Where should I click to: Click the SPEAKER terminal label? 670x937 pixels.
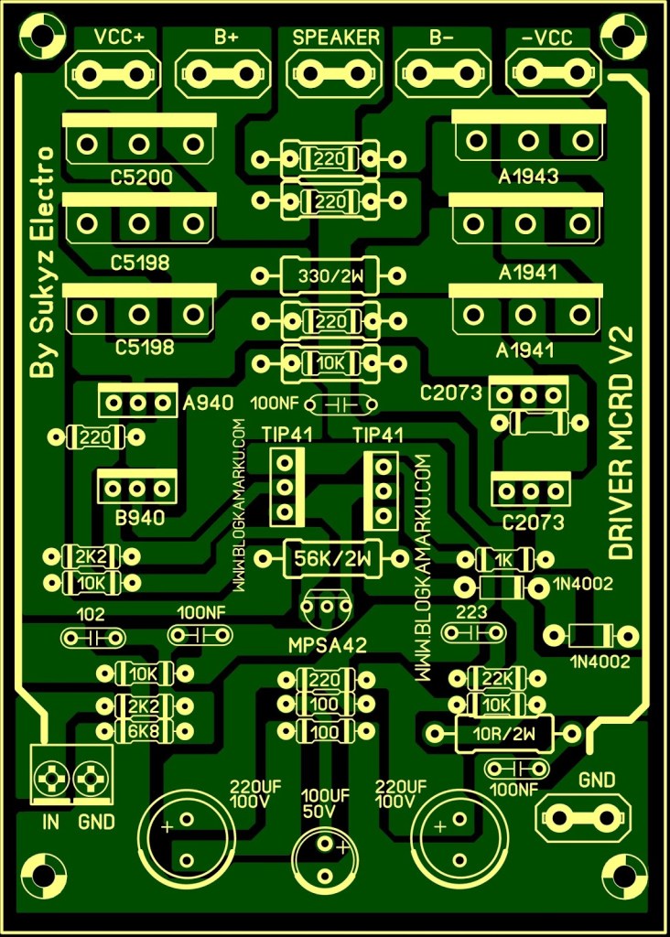coord(335,38)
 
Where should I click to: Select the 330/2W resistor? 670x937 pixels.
coord(330,274)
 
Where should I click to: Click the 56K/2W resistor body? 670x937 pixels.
coord(330,557)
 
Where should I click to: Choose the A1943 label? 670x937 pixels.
coord(529,177)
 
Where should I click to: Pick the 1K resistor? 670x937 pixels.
coord(502,558)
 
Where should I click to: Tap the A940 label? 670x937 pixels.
coord(208,403)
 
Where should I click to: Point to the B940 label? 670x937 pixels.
coord(139,518)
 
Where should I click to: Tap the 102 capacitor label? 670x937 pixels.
coord(92,614)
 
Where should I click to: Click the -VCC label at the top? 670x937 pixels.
coord(547,38)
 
